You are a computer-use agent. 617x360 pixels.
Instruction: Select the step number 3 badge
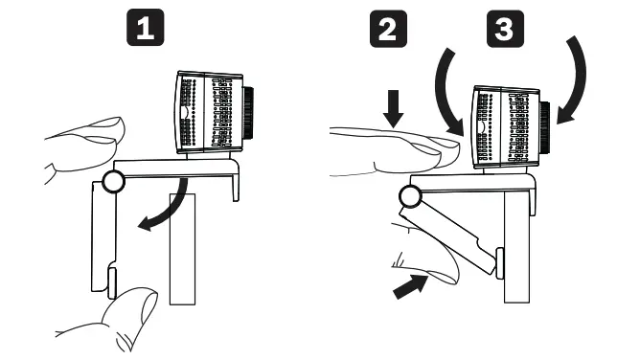click(x=500, y=30)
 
